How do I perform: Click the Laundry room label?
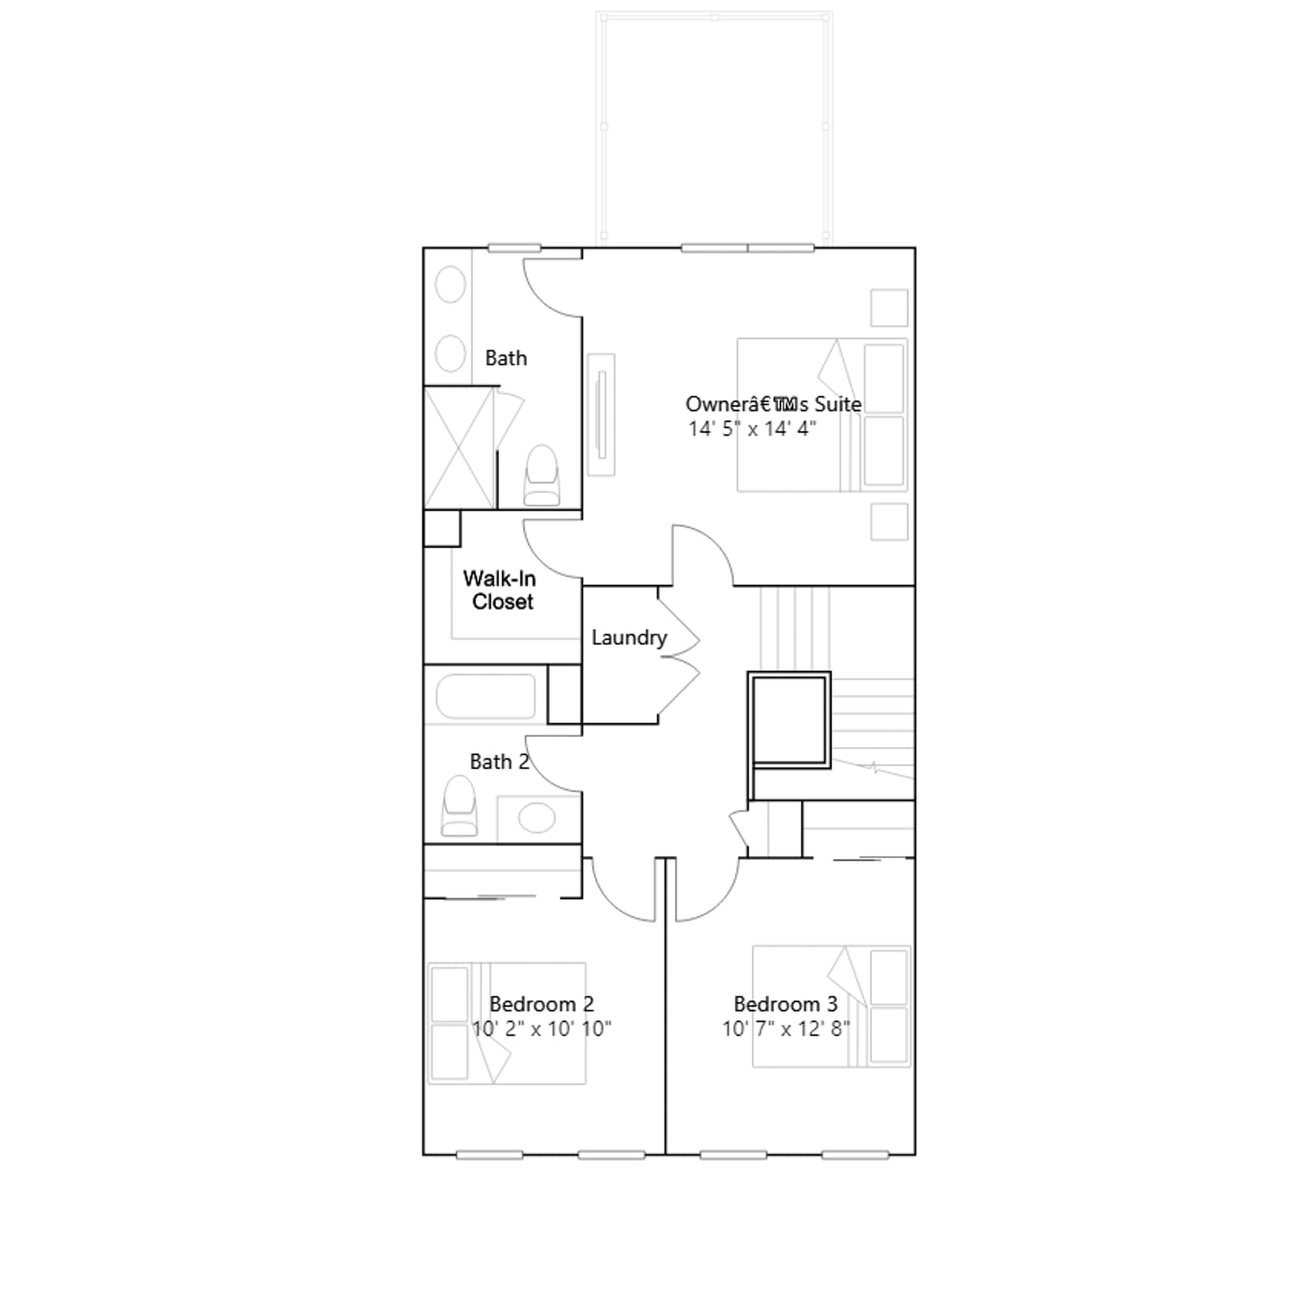629,638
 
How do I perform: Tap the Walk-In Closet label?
499,590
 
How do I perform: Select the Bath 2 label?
499,761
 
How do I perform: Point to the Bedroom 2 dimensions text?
542,1029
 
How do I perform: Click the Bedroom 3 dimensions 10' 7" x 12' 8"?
786,1029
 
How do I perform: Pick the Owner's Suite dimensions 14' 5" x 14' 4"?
752,428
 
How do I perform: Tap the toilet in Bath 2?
459,805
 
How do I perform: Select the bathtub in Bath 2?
486,696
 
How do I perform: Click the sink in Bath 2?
537,818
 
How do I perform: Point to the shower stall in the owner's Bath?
459,448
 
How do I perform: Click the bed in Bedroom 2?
507,1023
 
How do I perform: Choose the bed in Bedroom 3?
831,1007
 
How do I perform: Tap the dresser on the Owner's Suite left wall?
601,415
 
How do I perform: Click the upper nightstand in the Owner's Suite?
889,308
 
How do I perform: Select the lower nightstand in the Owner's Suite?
889,521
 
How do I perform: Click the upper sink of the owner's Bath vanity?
450,285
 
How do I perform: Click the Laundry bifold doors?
679,655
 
